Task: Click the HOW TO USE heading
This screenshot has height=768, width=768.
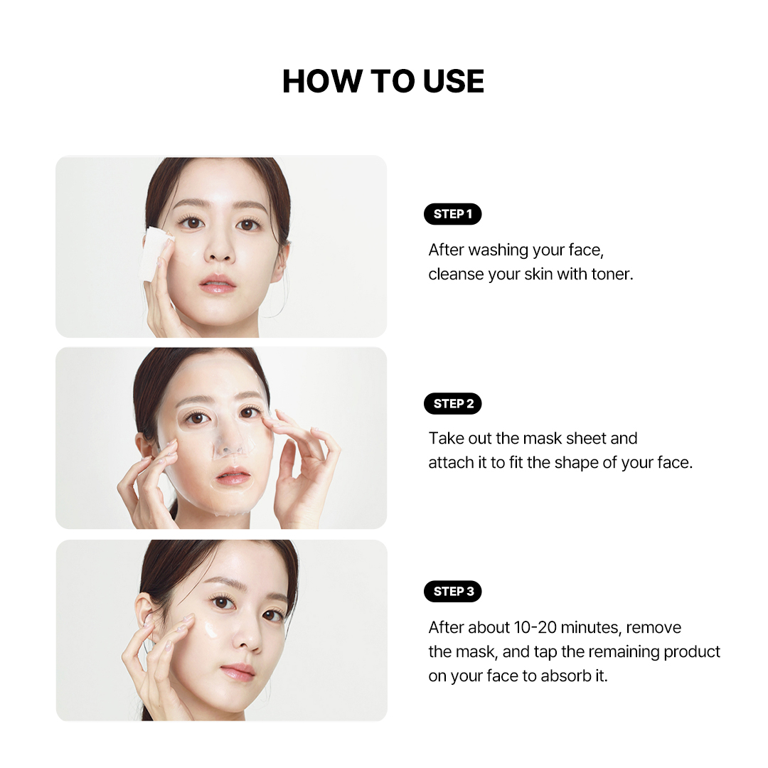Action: tap(383, 82)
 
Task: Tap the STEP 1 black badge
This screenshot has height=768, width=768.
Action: tap(452, 214)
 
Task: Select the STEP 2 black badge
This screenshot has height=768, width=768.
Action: tap(452, 404)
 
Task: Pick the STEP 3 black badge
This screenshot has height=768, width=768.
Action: tap(452, 592)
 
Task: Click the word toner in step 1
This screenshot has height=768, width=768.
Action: tap(612, 274)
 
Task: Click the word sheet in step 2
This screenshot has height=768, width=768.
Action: tap(587, 439)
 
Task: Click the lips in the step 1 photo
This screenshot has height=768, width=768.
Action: tap(218, 284)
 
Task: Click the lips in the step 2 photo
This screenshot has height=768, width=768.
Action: tap(233, 476)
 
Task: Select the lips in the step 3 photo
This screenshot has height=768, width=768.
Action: tap(238, 671)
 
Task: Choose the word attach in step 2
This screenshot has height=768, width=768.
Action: tap(452, 463)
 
